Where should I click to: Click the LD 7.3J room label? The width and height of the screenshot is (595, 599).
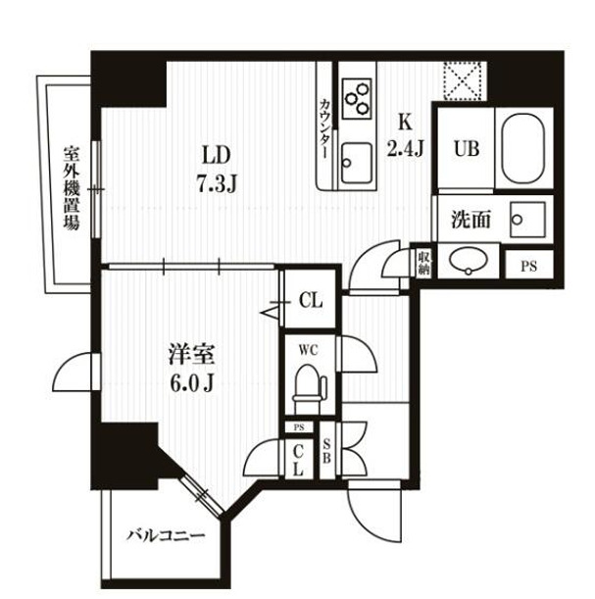coord(216,168)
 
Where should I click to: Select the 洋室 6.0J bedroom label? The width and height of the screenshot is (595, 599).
coord(191,368)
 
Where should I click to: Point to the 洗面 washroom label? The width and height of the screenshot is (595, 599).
coord(471,220)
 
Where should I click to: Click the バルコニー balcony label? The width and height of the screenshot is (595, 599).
coord(165,536)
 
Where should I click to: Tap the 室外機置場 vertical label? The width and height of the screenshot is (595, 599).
coord(71,187)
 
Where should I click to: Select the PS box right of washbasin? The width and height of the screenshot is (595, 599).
coord(528,265)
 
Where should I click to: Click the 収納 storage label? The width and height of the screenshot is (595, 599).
coord(423,262)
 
